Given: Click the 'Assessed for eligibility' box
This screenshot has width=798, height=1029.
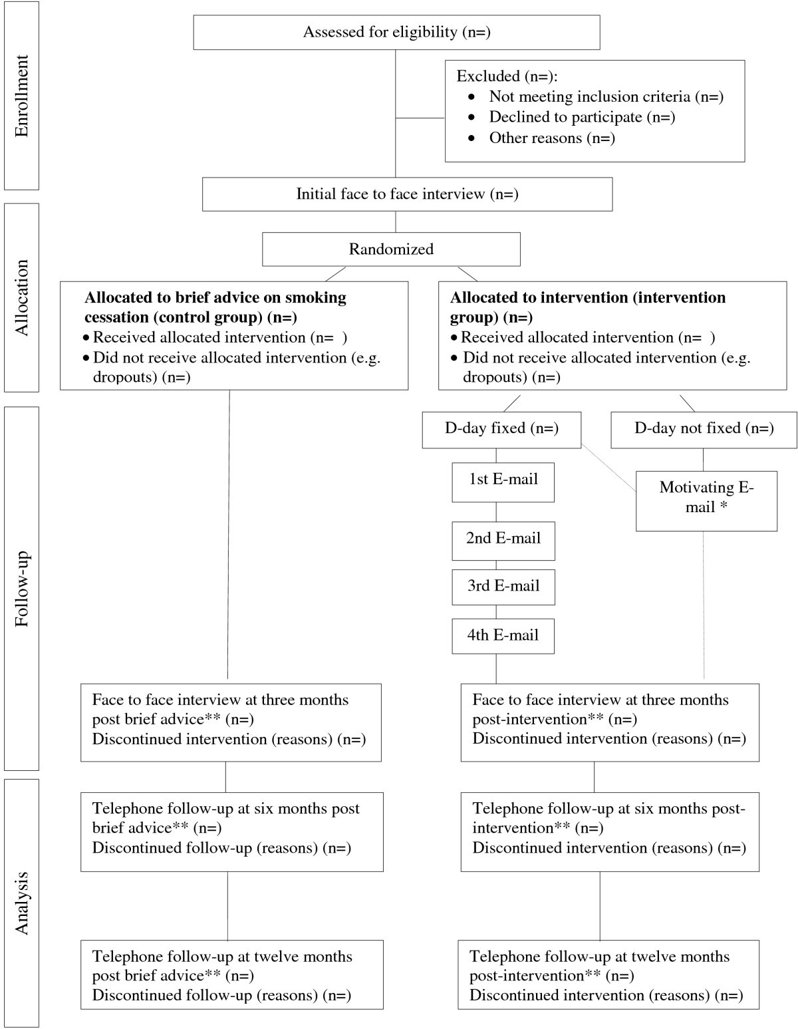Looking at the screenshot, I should [x=396, y=32].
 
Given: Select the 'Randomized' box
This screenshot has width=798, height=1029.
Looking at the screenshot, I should [x=391, y=249].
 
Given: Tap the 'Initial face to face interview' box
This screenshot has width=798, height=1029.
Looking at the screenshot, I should [x=407, y=194].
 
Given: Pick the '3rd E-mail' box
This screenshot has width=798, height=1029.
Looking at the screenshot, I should [x=503, y=587].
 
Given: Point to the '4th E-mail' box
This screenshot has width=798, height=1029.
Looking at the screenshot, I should [x=503, y=636].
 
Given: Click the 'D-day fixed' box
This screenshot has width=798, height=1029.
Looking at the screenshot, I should [x=501, y=429].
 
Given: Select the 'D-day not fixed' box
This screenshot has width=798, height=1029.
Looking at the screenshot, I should [x=704, y=429].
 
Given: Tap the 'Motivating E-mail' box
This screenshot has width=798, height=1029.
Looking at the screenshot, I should [x=706, y=498].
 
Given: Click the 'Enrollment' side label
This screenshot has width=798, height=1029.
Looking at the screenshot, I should [x=22, y=96].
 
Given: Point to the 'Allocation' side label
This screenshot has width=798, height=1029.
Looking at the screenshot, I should [x=22, y=297].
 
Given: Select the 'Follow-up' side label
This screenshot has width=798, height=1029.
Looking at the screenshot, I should [x=22, y=588].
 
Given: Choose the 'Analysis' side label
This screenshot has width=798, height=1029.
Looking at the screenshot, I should [x=22, y=903].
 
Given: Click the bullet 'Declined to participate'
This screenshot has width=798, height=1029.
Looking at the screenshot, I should [x=582, y=118].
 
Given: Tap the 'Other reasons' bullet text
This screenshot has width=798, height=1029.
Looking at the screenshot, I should [x=552, y=138].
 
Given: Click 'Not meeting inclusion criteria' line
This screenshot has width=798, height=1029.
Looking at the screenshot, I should [x=606, y=97].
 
